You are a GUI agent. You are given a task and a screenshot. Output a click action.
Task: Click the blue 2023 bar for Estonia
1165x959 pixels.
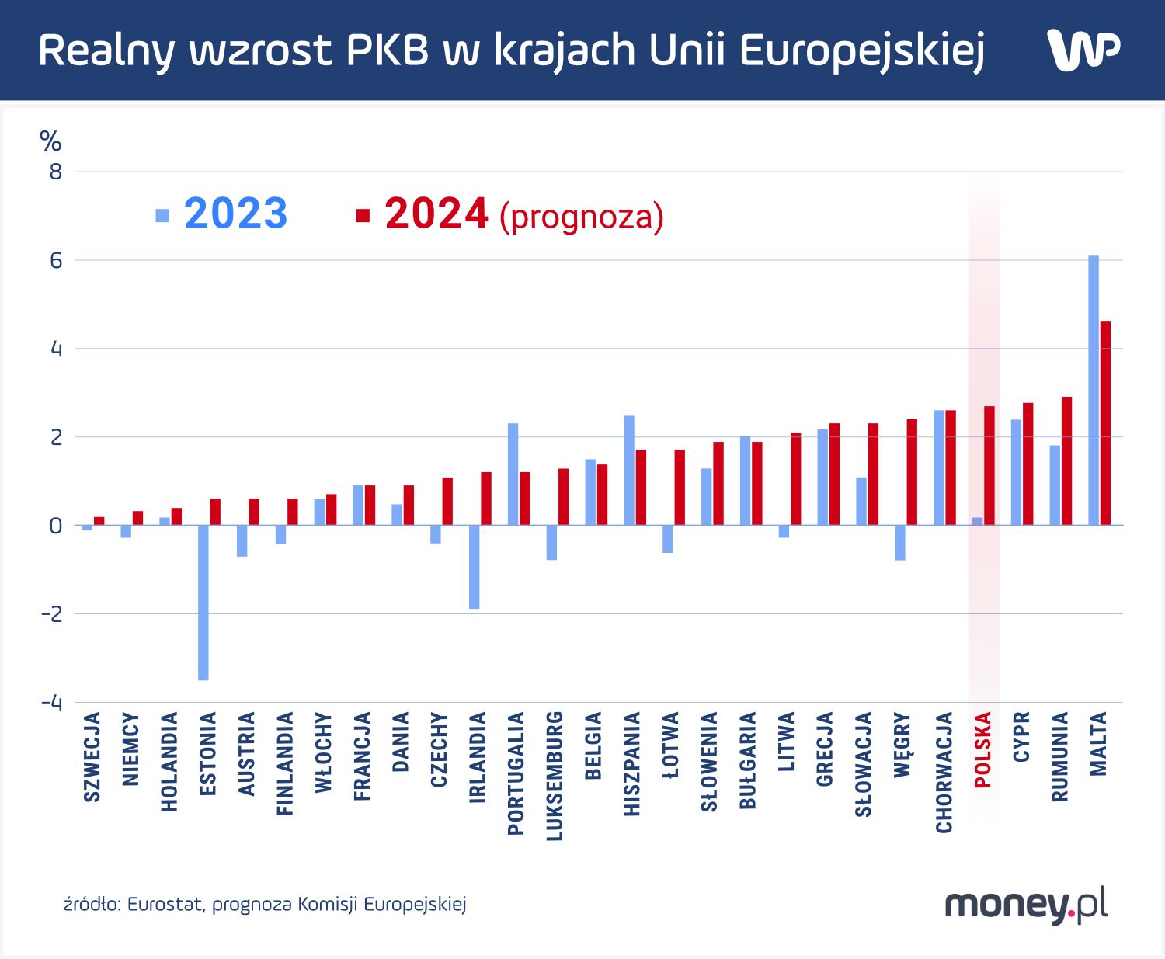[203, 602]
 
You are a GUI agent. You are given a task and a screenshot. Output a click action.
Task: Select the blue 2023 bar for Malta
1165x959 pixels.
[1094, 390]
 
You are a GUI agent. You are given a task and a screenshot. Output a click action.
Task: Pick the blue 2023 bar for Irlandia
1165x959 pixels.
[474, 567]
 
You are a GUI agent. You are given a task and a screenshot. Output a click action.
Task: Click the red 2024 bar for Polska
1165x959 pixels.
[989, 465]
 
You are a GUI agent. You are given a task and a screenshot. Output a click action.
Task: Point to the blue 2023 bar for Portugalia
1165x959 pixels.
[513, 474]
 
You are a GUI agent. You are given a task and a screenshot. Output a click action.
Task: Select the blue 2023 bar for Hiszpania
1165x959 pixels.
[629, 470]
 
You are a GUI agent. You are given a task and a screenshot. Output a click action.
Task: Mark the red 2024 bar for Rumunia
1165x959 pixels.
[1067, 460]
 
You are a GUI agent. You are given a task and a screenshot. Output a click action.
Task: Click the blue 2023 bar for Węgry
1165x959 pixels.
[900, 543]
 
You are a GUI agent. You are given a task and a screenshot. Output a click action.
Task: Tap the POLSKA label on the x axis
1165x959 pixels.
[983, 749]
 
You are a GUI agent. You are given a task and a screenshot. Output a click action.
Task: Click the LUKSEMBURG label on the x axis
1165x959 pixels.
[555, 775]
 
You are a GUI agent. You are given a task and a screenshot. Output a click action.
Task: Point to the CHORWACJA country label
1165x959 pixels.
[944, 772]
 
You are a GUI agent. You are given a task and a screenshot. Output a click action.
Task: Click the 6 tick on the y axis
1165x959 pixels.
[56, 260]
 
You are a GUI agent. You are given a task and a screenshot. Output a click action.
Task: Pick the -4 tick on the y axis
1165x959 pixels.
[52, 703]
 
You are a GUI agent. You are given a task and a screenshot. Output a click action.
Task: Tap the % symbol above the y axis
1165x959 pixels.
[50, 141]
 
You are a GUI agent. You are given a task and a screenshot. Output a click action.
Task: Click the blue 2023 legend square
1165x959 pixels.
[162, 215]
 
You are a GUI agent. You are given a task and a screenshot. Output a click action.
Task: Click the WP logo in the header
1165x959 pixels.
[1083, 50]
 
